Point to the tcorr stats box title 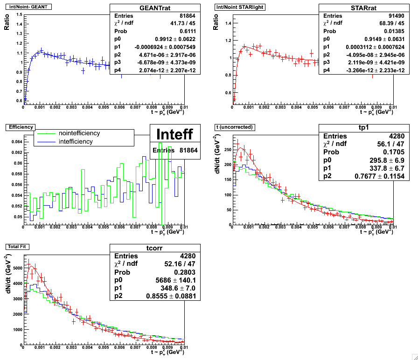click(155, 248)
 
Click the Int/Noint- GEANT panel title click(28, 7)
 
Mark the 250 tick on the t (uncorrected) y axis click(227, 150)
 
